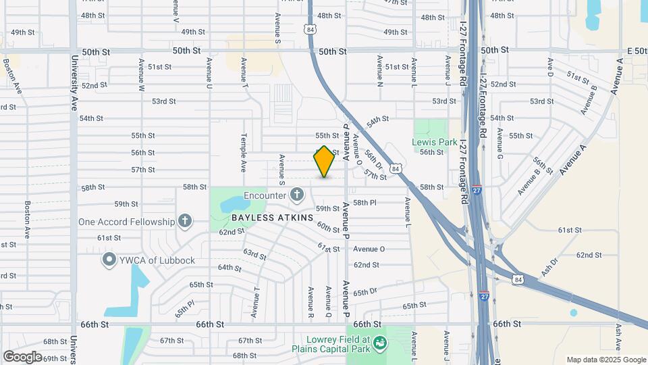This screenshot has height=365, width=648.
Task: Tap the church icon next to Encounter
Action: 296,195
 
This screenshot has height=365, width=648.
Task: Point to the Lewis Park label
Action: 431,142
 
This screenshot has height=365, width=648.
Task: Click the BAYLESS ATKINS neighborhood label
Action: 272,218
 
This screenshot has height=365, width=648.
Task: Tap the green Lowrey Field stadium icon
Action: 380,343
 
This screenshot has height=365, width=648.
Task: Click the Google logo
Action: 22,356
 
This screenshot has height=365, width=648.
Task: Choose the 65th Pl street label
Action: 183,311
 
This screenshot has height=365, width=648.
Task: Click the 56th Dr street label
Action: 374,159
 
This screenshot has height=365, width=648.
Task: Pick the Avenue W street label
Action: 142,74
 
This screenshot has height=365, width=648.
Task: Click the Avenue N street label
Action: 380,72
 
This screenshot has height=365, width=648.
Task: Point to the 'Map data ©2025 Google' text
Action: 606,360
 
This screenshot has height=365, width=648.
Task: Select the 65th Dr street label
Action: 364,292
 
